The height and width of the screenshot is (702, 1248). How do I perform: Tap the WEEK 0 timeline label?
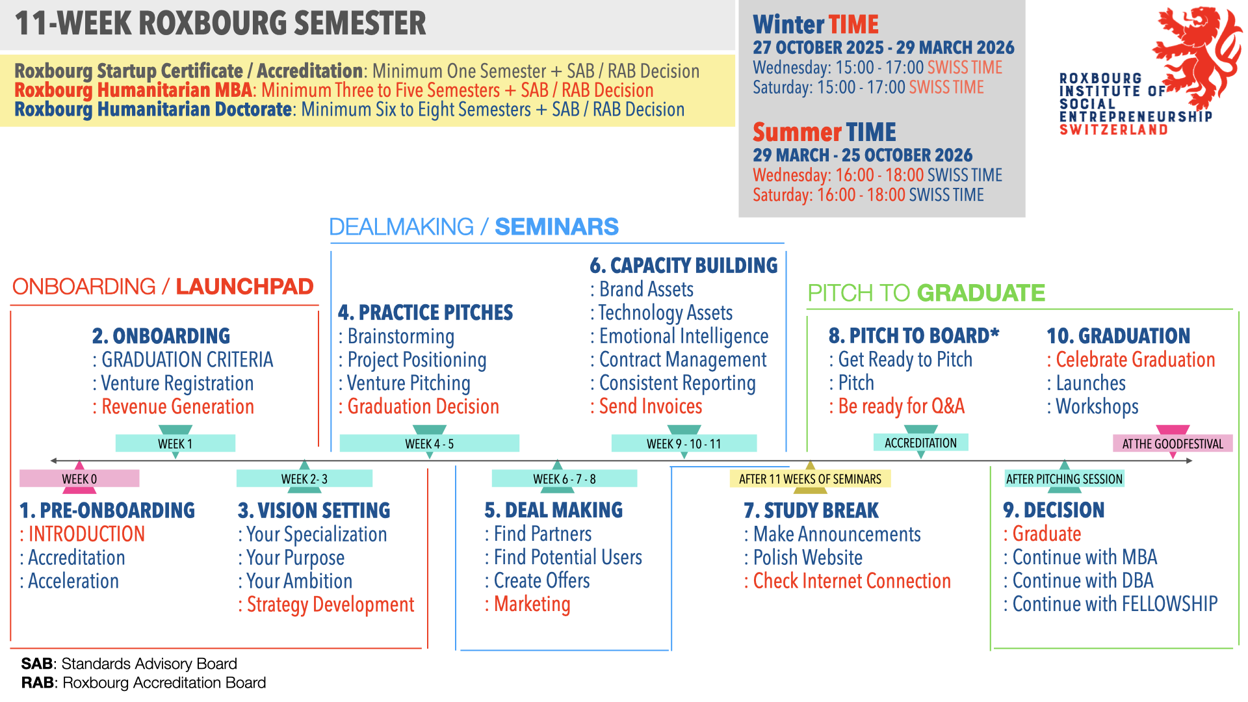pyautogui.click(x=79, y=479)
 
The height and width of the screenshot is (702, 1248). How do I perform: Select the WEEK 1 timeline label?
pyautogui.click(x=175, y=444)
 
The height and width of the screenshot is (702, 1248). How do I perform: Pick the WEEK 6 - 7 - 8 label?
pyautogui.click(x=564, y=479)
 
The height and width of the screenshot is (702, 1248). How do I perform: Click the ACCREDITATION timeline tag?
pyautogui.click(x=920, y=443)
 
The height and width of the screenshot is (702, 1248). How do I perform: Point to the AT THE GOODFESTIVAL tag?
pyautogui.click(x=1173, y=444)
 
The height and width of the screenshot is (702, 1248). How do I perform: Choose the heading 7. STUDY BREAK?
pyautogui.click(x=811, y=511)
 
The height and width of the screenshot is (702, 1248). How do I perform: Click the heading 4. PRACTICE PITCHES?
pyautogui.click(x=425, y=313)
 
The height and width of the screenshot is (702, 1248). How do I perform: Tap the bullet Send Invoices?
pyautogui.click(x=650, y=407)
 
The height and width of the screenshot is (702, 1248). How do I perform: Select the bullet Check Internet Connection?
pyautogui.click(x=851, y=581)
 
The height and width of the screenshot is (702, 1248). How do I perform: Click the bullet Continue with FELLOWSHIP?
pyautogui.click(x=1115, y=604)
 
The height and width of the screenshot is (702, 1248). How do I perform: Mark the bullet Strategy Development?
pyautogui.click(x=330, y=604)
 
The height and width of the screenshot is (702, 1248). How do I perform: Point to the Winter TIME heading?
pyautogui.click(x=815, y=25)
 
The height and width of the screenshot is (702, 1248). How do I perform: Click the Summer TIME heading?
pyautogui.click(x=824, y=133)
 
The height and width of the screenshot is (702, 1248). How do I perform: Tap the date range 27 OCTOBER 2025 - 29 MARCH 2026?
pyautogui.click(x=883, y=47)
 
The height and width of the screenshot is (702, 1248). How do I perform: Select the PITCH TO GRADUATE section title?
pyautogui.click(x=926, y=293)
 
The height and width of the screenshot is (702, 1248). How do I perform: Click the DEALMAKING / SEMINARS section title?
pyautogui.click(x=473, y=227)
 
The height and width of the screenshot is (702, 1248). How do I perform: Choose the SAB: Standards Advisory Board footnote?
pyautogui.click(x=129, y=664)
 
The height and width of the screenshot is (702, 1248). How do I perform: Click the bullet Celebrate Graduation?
pyautogui.click(x=1135, y=360)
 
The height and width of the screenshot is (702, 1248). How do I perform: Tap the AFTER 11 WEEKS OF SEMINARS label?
pyautogui.click(x=810, y=479)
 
